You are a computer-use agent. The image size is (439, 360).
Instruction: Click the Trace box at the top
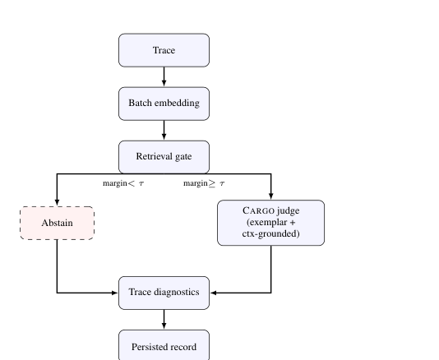164,50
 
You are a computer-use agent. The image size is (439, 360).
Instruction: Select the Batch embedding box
164,104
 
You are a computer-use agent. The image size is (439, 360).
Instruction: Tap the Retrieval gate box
164,157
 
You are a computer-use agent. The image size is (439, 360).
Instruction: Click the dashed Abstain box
57,223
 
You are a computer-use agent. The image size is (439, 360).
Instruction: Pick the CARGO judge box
270,223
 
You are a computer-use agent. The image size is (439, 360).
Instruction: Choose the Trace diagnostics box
164,293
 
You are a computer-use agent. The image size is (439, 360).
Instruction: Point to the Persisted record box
164,345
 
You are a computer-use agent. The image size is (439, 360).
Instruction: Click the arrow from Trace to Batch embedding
164,76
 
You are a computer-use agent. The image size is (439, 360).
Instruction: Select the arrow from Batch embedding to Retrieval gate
164,130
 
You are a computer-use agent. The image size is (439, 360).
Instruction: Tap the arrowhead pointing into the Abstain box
57,203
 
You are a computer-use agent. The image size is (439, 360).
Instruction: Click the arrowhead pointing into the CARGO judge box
270,196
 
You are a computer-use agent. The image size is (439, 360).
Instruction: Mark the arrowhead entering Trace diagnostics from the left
115,293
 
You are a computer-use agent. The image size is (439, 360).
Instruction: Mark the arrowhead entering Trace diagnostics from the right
214,293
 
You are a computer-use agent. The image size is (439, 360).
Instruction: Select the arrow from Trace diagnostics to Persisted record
164,320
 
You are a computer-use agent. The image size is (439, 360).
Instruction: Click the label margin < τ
123,183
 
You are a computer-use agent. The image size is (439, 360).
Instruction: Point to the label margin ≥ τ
204,183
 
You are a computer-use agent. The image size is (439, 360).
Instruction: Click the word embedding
177,103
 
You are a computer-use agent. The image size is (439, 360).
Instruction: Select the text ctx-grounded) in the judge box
270,233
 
